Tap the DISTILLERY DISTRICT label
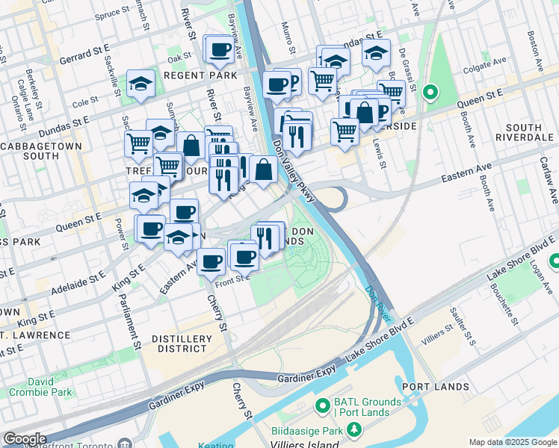(x=179, y=344)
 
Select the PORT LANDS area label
(x=436, y=387)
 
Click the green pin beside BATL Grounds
(x=323, y=406)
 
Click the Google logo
(x=25, y=439)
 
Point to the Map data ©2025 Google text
(x=512, y=442)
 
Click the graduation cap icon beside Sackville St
(x=140, y=84)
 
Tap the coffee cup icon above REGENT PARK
(x=220, y=49)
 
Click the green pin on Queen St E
(x=430, y=93)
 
